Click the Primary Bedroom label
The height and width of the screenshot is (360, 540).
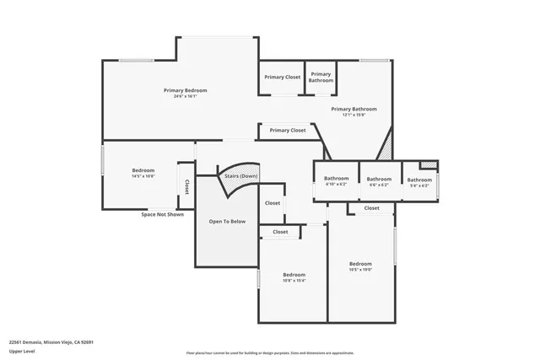[x=185, y=90]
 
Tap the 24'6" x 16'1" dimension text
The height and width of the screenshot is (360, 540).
[x=185, y=96]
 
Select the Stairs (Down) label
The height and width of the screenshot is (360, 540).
[x=240, y=176]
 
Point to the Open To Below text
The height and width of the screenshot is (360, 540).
[x=228, y=221]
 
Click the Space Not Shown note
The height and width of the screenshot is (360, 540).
[x=162, y=214]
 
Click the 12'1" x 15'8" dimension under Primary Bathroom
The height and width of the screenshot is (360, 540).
[x=354, y=115]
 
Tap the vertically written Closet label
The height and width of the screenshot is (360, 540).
[x=186, y=187]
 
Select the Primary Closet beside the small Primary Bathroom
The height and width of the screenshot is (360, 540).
[x=282, y=78]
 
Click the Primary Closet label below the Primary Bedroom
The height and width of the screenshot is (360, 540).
[x=288, y=131]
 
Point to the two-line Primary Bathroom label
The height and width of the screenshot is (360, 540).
[x=321, y=78]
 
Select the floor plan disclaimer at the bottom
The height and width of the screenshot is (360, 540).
[x=270, y=352]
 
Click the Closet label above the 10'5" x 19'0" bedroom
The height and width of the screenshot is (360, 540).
[x=371, y=208]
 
